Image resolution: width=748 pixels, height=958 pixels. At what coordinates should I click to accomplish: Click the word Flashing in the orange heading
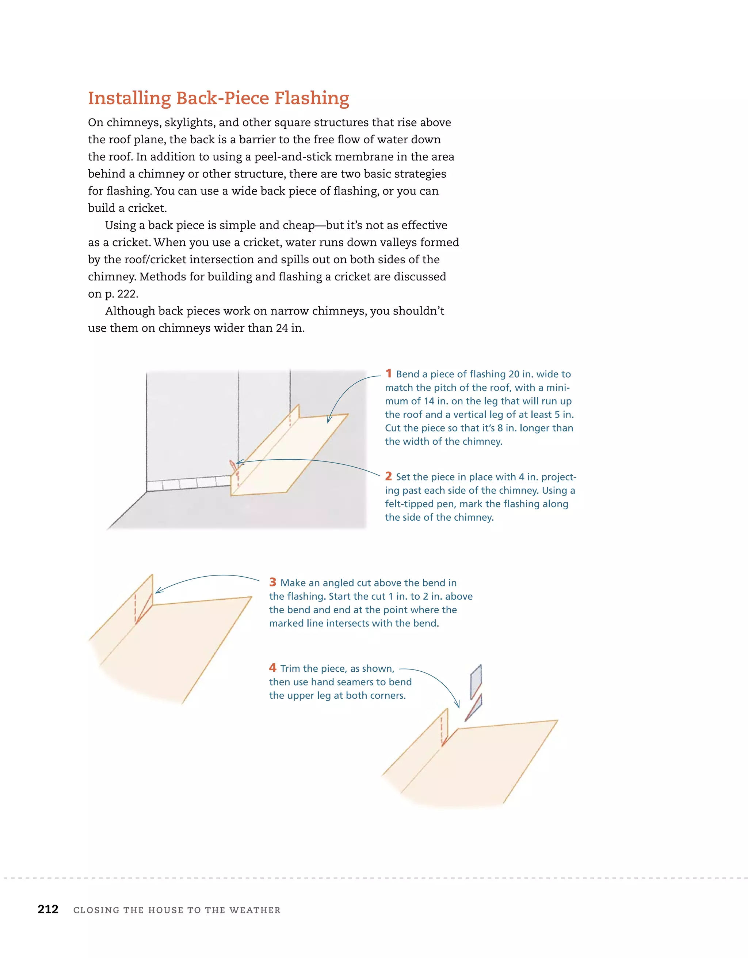coord(312,98)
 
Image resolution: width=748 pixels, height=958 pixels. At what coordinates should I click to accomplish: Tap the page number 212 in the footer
coord(48,909)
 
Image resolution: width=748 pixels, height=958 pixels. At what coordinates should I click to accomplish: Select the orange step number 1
coord(388,373)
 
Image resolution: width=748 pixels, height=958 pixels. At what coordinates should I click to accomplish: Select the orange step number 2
coord(388,476)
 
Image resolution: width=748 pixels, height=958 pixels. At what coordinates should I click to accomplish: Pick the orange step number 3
coord(272,582)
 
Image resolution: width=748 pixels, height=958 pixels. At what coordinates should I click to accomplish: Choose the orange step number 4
coord(272,668)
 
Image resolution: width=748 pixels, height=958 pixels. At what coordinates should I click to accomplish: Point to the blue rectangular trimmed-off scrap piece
coord(476,681)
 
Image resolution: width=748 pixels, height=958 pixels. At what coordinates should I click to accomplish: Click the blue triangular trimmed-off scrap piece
coord(474,707)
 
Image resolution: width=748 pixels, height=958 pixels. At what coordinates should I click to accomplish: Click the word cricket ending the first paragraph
coord(146,208)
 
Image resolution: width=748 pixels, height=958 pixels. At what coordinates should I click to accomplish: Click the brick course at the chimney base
coord(188,483)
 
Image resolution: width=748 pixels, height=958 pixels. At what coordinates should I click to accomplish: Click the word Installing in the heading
coord(130,98)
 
